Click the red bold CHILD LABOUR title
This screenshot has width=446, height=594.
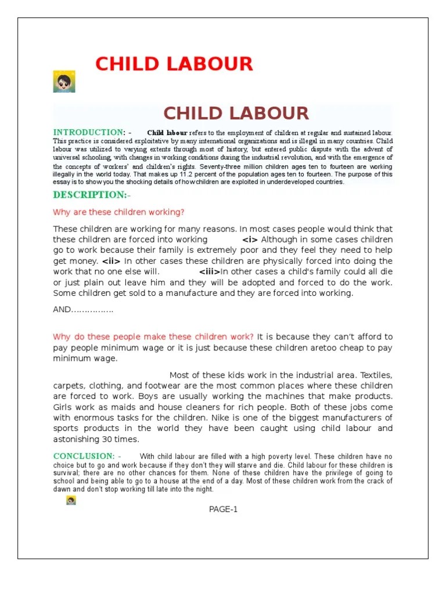(x=174, y=63)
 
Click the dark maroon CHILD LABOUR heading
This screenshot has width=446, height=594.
(x=236, y=113)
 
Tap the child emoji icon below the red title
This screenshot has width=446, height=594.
(x=64, y=82)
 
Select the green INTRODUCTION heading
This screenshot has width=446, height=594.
(x=89, y=132)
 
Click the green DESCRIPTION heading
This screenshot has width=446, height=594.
(x=89, y=195)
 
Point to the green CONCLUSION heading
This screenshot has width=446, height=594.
(x=84, y=456)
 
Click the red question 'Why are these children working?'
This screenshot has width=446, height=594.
(x=118, y=212)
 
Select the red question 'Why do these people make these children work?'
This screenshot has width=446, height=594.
(x=153, y=336)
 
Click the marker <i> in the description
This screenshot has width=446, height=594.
(x=250, y=240)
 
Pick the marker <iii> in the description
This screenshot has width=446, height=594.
(x=210, y=272)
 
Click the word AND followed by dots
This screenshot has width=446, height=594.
(x=83, y=310)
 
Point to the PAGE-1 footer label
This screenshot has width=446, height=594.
(x=224, y=509)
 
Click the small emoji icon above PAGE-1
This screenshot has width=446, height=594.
(x=71, y=500)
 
